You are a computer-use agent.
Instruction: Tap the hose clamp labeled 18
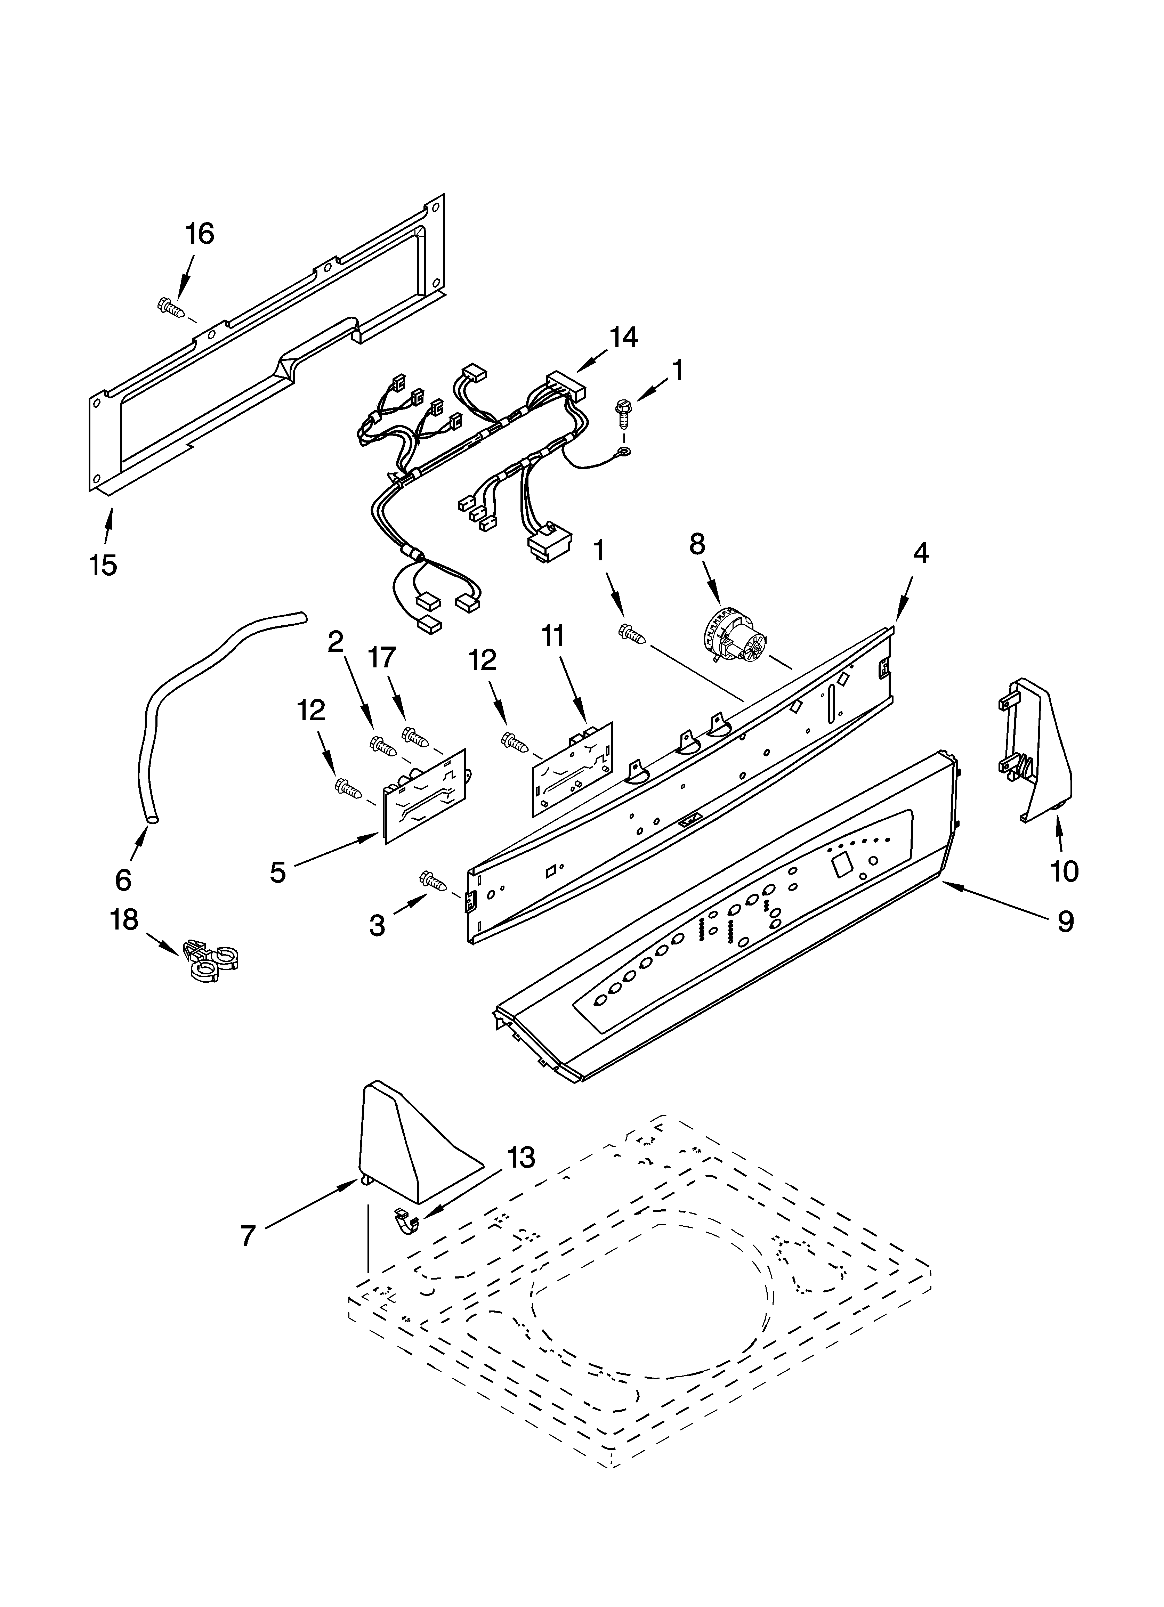click(213, 960)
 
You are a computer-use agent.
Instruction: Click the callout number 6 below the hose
click(123, 880)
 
